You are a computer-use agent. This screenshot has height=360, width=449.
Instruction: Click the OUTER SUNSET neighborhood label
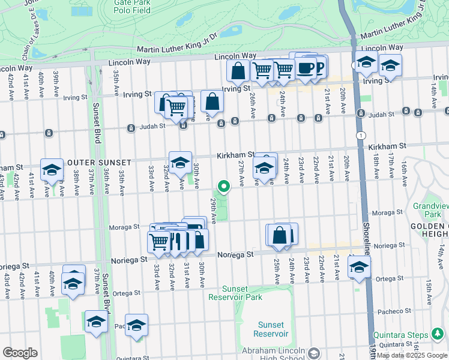[x=99, y=163]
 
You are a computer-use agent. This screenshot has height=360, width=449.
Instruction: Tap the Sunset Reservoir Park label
[x=235, y=293]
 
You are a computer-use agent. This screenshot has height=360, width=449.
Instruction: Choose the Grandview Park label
[x=436, y=210]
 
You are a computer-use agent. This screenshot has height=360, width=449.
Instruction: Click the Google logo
[x=20, y=352]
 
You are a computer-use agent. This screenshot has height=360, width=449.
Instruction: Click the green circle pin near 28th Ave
[x=224, y=187]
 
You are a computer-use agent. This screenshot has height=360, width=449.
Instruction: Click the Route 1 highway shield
[x=360, y=136]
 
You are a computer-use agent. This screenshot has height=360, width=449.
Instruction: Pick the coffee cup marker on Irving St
[x=306, y=67]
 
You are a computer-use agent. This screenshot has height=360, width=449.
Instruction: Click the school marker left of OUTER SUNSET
[x=52, y=169]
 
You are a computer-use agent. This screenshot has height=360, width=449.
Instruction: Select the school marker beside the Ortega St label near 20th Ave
[x=359, y=266]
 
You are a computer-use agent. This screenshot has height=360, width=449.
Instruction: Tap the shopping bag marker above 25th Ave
[x=280, y=234]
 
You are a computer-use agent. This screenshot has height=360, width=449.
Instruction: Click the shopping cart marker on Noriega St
[x=159, y=242]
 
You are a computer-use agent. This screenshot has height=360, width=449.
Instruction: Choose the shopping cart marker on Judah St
[x=175, y=107]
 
